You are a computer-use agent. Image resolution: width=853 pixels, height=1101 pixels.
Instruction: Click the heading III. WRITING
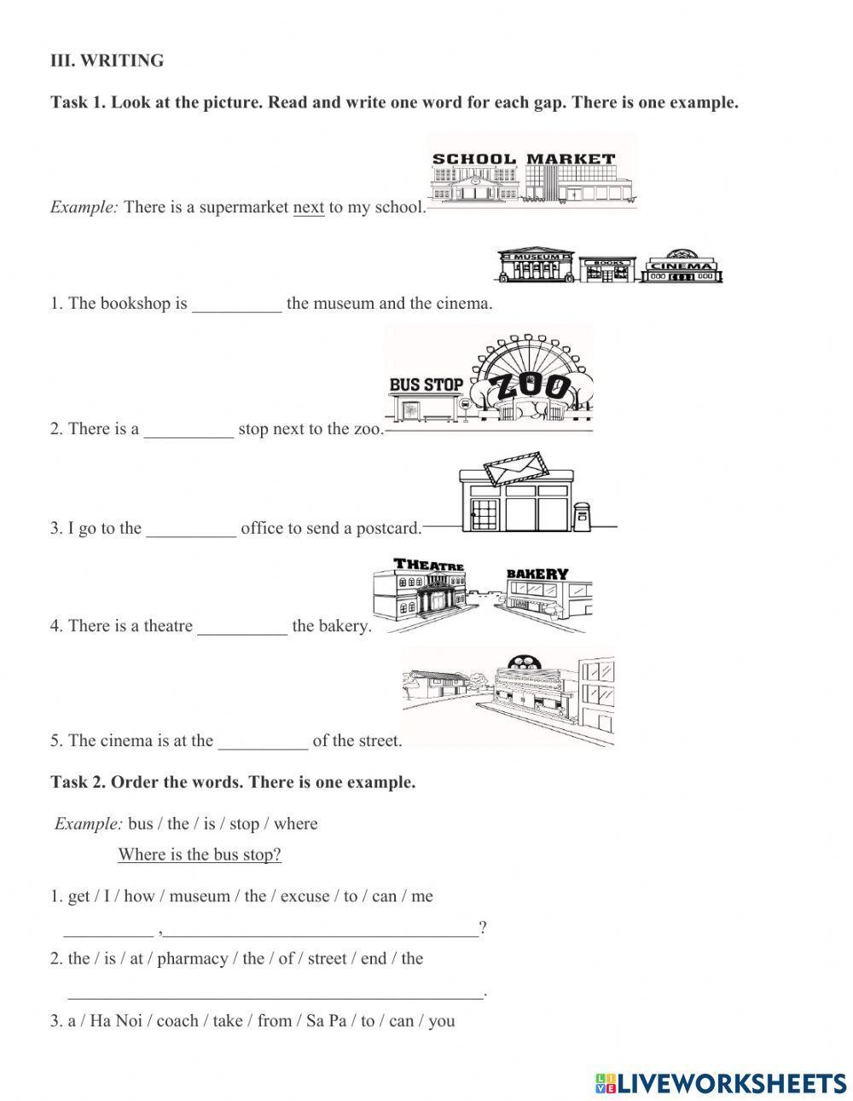tap(107, 61)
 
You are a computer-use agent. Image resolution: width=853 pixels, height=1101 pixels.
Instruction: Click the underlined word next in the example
tap(309, 207)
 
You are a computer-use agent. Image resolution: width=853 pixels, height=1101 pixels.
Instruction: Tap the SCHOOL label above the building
tap(473, 159)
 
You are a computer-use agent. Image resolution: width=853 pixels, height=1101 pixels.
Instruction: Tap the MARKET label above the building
tap(570, 159)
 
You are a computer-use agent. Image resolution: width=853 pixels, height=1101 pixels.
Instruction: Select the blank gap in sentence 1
tap(236, 304)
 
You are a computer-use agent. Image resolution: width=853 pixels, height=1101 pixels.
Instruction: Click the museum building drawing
tap(535, 266)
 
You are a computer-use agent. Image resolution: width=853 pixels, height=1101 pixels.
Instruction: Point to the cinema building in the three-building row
tap(682, 266)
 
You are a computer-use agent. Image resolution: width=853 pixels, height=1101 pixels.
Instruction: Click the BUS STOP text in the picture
tap(426, 385)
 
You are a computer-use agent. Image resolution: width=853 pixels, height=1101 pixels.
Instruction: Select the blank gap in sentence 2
tap(189, 430)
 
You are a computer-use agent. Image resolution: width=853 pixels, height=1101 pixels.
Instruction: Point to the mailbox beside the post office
tap(582, 517)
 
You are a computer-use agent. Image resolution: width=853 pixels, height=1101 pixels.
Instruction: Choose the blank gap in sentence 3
tap(191, 529)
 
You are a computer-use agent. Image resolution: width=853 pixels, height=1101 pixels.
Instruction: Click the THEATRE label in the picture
tap(429, 565)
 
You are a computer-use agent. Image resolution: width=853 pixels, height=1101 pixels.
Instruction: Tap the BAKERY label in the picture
tap(537, 574)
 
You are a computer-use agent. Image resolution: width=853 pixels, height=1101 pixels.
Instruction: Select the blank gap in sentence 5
tap(263, 741)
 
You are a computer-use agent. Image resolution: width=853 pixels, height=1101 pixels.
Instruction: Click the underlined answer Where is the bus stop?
tap(200, 855)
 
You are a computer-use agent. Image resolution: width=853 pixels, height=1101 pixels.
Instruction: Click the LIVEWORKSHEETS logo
tap(721, 1083)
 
